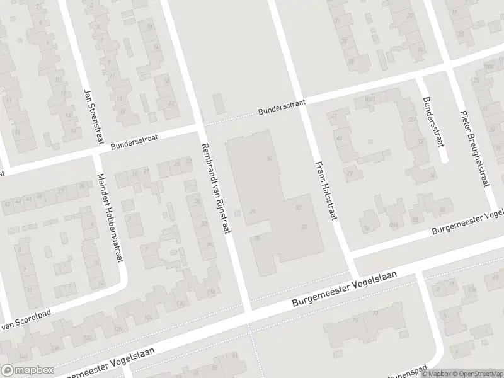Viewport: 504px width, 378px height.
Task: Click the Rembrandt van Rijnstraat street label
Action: click(214, 189)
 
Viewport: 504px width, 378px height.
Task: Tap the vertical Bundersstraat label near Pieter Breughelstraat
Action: click(430, 121)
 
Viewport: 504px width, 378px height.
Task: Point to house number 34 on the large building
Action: click(270, 158)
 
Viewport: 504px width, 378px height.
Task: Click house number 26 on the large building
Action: click(253, 211)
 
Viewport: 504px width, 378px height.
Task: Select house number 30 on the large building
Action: click(304, 227)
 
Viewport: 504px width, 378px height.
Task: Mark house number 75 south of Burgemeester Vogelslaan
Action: click(355, 321)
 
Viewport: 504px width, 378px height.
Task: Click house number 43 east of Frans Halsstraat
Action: click(340, 138)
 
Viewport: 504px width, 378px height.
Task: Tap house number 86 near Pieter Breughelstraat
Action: click(444, 209)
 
